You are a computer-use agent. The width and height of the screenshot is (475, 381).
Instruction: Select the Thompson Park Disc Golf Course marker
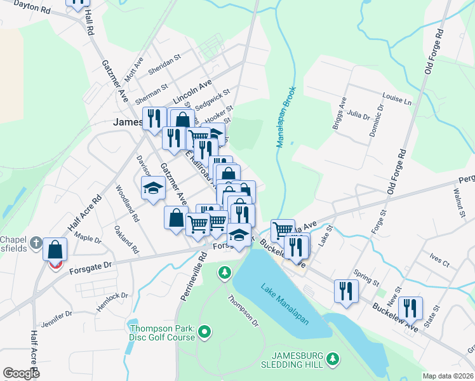pyautogui.click(x=204, y=331)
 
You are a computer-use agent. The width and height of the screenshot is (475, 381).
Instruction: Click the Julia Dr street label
pyautogui.click(x=359, y=114)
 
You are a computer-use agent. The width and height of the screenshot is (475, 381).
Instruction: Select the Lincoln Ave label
pyautogui.click(x=192, y=94)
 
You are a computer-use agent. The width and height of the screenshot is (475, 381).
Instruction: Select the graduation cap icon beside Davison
pyautogui.click(x=153, y=187)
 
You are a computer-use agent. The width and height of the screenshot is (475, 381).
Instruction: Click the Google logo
pyautogui.click(x=21, y=373)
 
